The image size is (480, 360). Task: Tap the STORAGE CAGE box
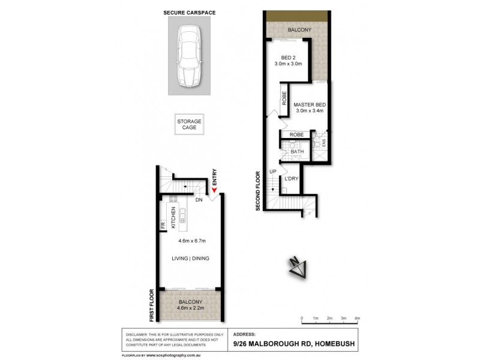(189, 124)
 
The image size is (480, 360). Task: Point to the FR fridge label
(163, 226)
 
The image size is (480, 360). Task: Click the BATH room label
(297, 152)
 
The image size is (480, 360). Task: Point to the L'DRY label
(292, 179)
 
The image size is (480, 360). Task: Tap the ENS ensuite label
(323, 144)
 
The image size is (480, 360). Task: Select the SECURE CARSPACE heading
(189, 12)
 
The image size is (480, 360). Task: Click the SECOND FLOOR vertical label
(257, 190)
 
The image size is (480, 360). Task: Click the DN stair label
(197, 201)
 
